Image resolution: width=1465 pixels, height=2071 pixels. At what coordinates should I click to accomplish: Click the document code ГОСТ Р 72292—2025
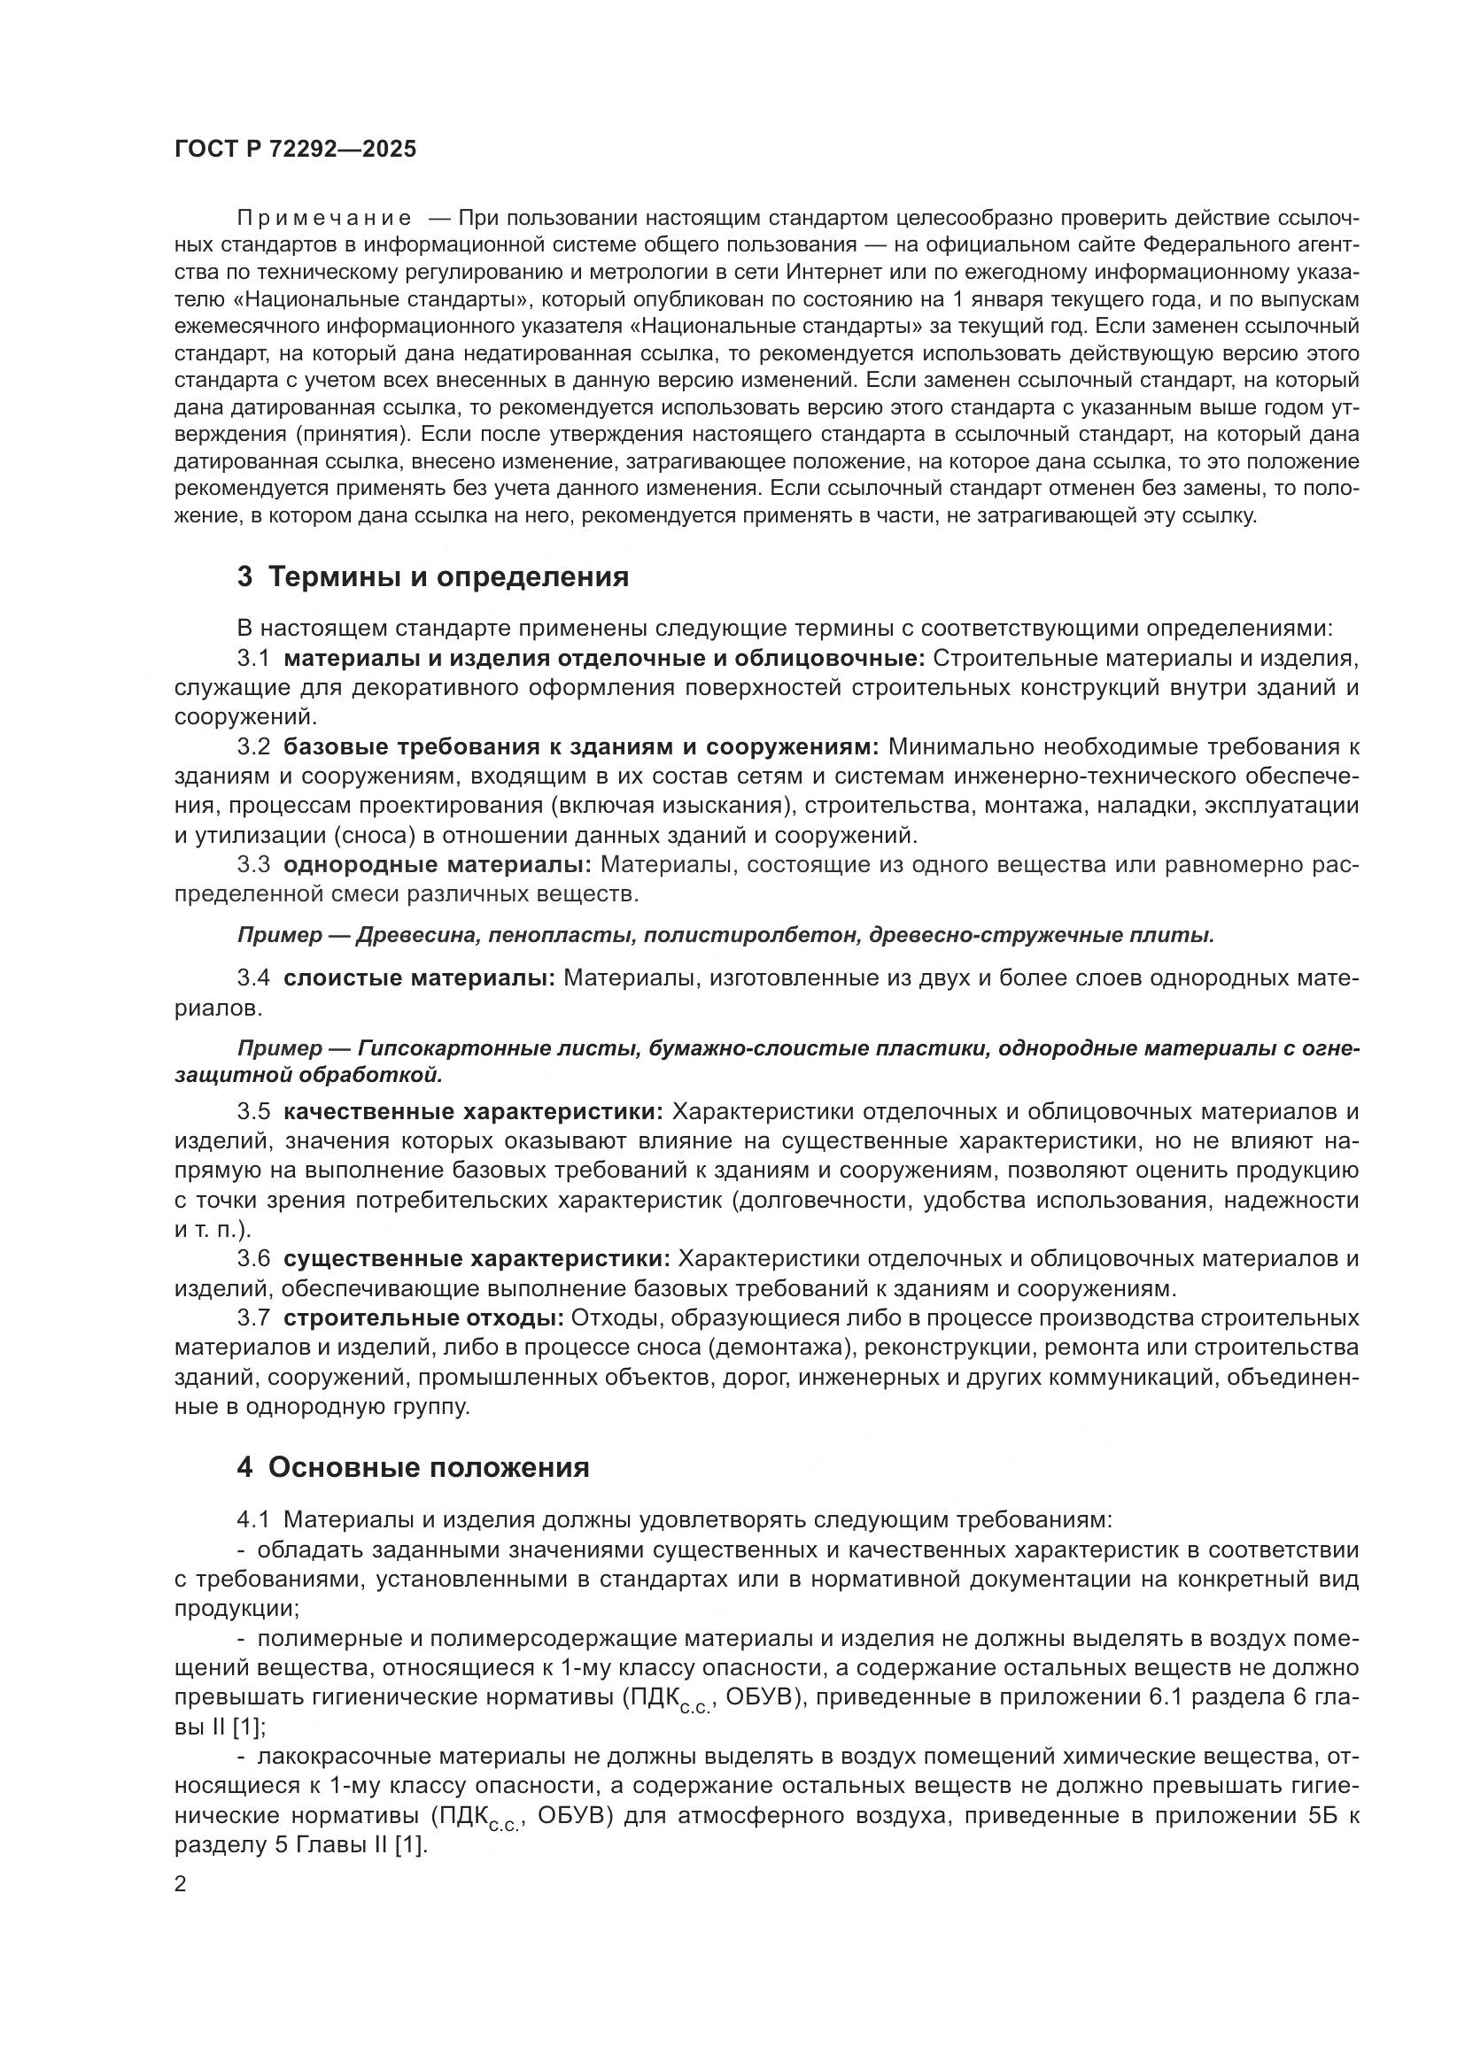[x=295, y=150]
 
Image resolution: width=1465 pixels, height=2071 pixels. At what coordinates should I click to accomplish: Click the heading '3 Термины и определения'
[x=433, y=576]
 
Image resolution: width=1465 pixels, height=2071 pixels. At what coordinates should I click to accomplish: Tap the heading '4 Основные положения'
[x=413, y=1467]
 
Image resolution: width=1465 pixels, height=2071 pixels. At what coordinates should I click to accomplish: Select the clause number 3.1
[x=253, y=659]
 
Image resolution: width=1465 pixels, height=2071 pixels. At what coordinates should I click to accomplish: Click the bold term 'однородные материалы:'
[x=437, y=865]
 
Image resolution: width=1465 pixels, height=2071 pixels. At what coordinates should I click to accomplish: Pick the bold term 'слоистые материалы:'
[x=419, y=978]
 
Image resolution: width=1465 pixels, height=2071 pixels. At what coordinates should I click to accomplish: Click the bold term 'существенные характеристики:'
[x=477, y=1258]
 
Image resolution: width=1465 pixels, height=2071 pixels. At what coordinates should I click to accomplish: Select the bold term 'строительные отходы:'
[x=423, y=1318]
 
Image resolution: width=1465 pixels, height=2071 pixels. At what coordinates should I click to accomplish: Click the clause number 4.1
[x=253, y=1520]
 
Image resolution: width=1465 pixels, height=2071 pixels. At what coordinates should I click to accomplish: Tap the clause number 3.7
[x=253, y=1318]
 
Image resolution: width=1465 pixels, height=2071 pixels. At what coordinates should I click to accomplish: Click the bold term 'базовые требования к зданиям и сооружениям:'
[x=581, y=747]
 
